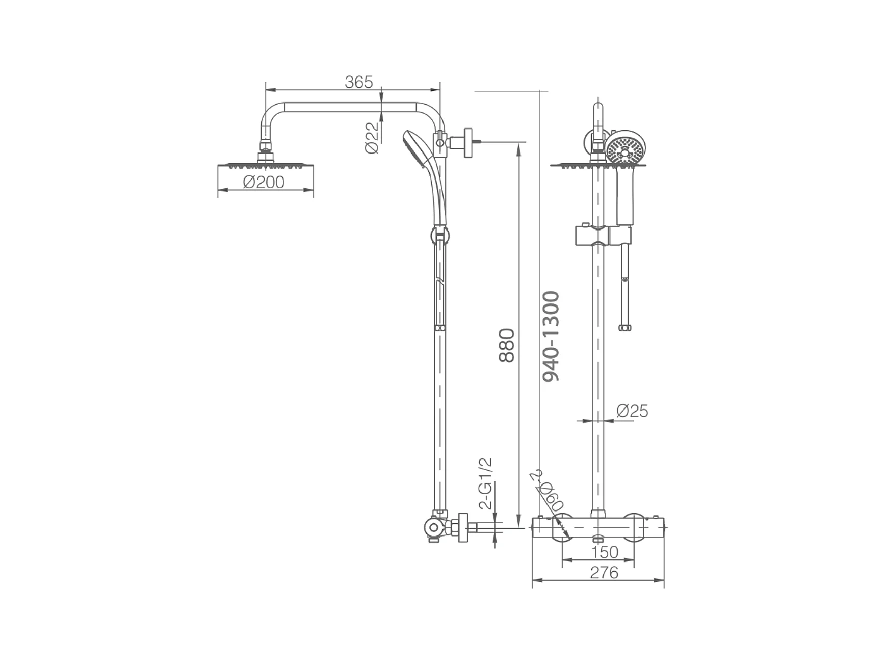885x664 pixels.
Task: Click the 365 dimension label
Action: (x=359, y=82)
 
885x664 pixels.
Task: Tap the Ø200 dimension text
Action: (x=264, y=182)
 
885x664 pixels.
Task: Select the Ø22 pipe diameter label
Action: (x=372, y=138)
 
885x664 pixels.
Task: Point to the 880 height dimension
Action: (x=506, y=345)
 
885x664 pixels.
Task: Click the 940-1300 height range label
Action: (x=551, y=337)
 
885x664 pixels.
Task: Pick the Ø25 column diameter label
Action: (x=632, y=411)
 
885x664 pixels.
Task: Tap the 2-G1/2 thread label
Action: (x=486, y=483)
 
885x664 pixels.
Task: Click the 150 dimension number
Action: (x=605, y=552)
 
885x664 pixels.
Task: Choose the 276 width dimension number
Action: (x=604, y=573)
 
